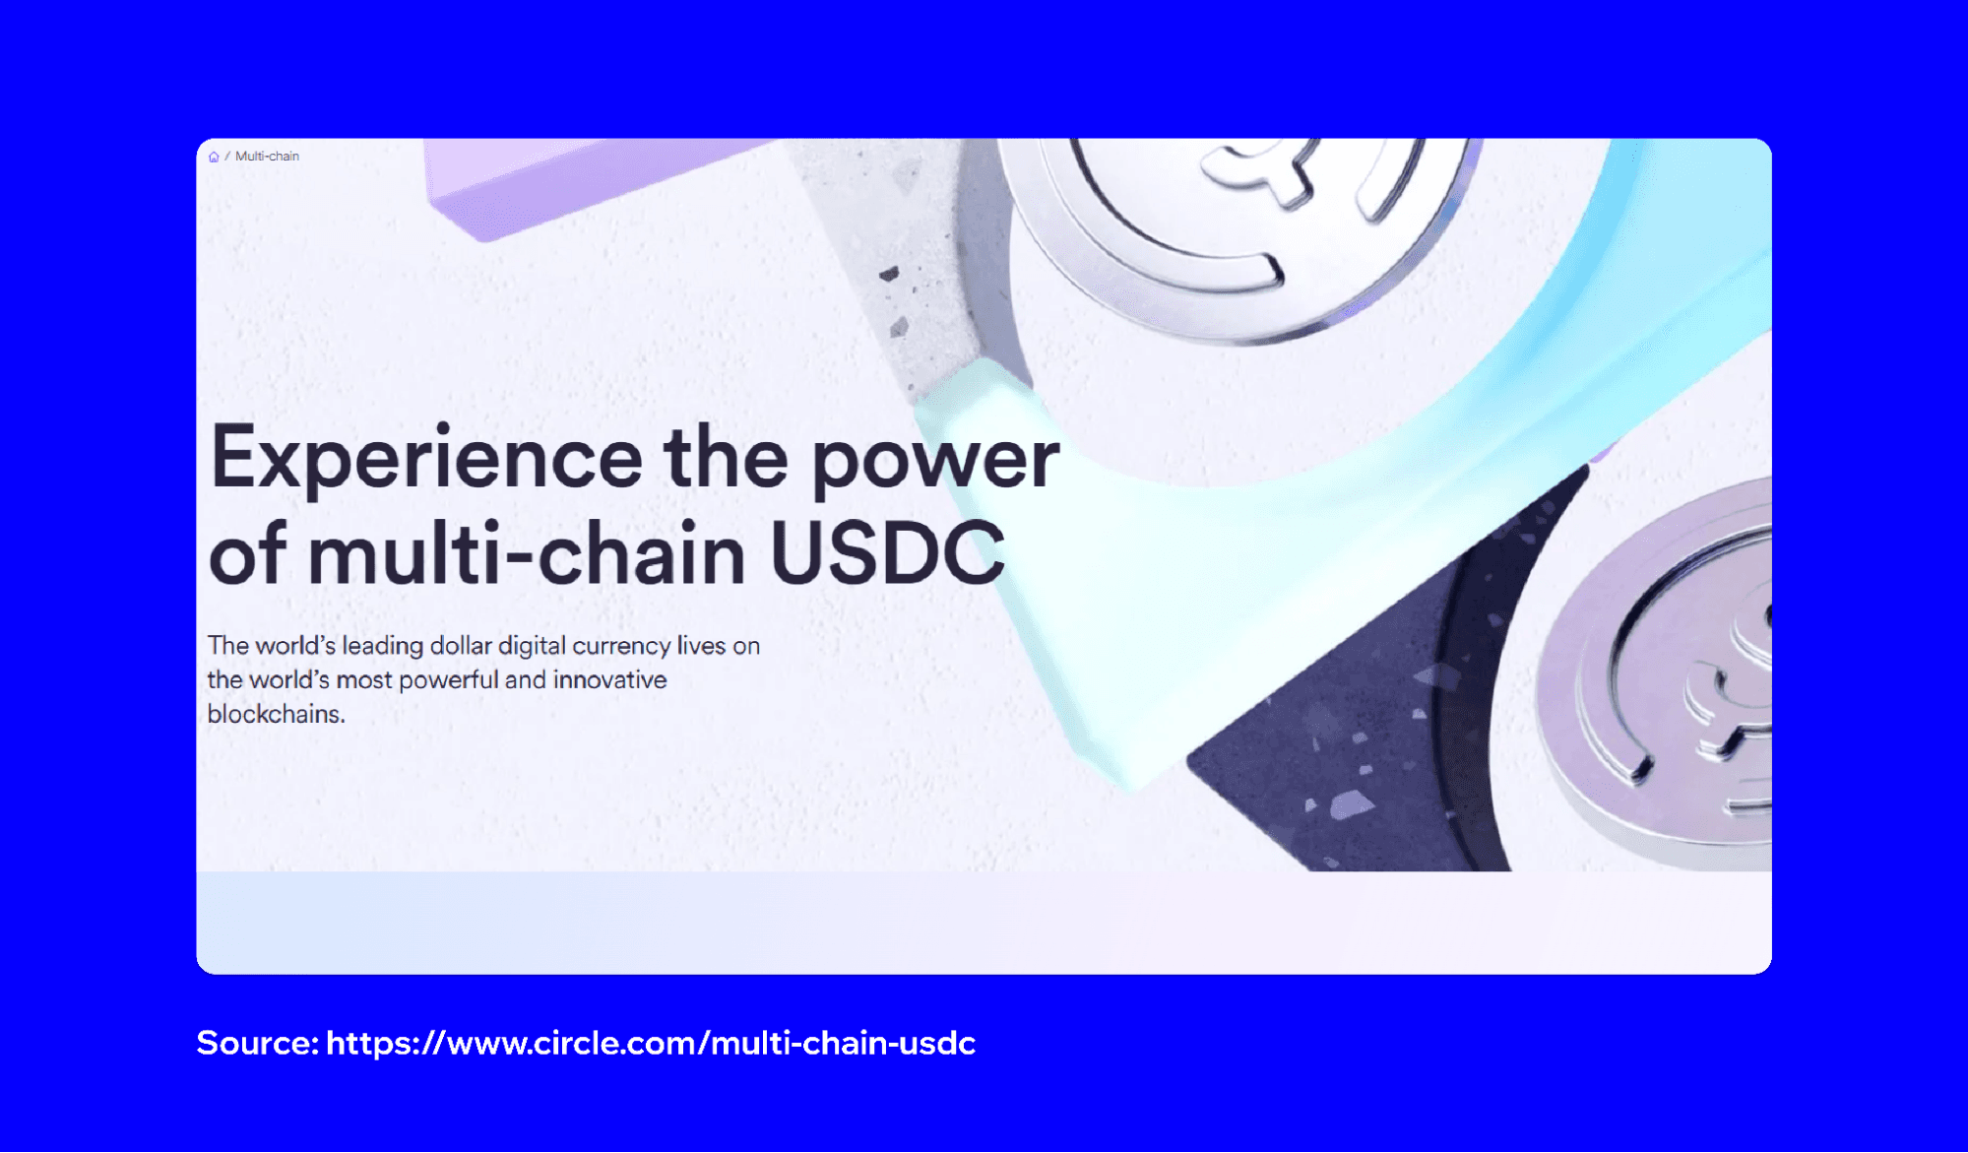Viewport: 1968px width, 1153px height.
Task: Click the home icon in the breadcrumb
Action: tap(214, 157)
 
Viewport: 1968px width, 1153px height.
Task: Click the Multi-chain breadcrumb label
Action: tap(267, 157)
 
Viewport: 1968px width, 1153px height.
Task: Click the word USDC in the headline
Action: tap(886, 552)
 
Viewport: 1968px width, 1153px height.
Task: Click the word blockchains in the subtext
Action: tap(276, 714)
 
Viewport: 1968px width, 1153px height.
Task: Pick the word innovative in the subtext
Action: tap(609, 679)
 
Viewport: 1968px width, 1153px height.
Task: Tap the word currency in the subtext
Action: tap(621, 646)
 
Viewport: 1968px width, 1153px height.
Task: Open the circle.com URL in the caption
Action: tap(650, 1042)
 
